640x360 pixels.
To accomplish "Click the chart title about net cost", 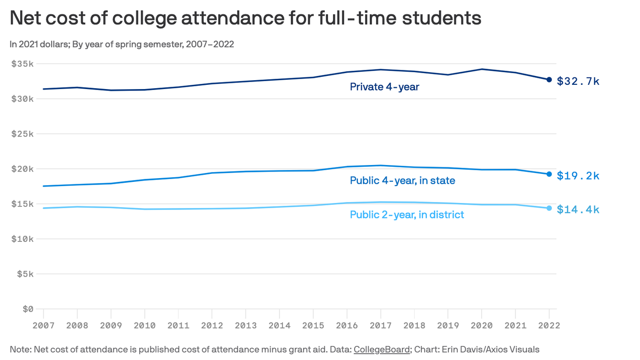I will click(x=245, y=18).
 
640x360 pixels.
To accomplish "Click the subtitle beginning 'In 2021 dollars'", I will click(x=122, y=45).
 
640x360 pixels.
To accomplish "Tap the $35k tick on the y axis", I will click(x=22, y=64).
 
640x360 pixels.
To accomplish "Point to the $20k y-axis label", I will click(x=22, y=169).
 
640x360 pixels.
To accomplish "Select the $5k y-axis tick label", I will click(x=25, y=274).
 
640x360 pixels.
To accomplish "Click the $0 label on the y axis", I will click(x=27, y=309).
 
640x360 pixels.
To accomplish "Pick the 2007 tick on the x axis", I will click(x=44, y=325).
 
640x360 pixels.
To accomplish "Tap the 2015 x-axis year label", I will click(x=313, y=325).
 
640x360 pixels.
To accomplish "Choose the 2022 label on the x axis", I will click(x=549, y=325).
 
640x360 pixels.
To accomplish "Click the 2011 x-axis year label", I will click(x=178, y=325).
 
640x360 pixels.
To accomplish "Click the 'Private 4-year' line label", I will click(x=384, y=87).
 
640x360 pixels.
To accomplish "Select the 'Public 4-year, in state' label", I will click(x=402, y=180).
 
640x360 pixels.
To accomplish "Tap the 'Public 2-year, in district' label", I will click(x=407, y=215).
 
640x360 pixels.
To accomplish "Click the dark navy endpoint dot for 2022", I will click(x=549, y=80).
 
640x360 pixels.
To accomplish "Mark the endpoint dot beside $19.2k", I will click(x=549, y=174).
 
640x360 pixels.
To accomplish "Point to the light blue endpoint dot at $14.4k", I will click(x=549, y=208).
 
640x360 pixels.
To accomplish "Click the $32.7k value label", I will click(x=578, y=82).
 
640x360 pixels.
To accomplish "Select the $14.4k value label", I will click(x=578, y=210).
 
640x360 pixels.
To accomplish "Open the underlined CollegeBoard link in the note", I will click(x=381, y=350).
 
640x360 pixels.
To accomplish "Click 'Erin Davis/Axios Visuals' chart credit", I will click(x=491, y=350).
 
